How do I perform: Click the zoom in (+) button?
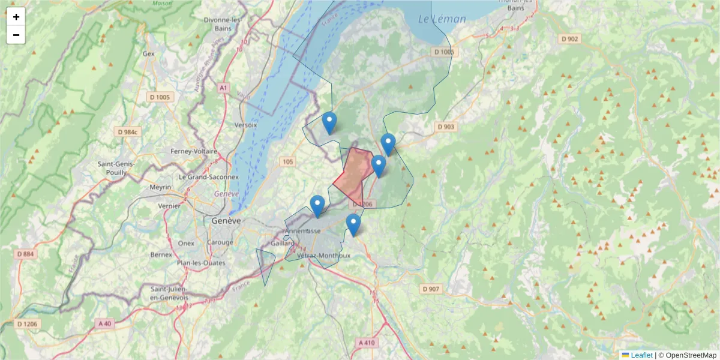[16, 17]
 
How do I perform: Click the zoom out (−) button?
[16, 35]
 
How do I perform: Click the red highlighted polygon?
[353, 174]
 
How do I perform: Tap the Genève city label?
[226, 221]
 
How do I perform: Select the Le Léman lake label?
[442, 19]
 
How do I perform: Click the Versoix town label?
[245, 125]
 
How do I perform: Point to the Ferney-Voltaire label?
[193, 151]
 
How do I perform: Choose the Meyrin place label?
[160, 187]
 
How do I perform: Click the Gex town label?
[148, 53]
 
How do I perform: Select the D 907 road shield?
[431, 289]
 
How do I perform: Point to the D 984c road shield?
[128, 132]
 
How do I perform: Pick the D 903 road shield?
[446, 127]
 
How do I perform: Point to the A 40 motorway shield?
[104, 323]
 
